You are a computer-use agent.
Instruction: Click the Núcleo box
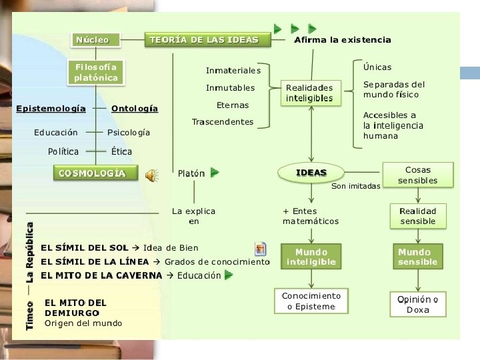[93, 40]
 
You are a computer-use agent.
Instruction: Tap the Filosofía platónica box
[97, 73]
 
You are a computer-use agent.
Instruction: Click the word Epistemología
[51, 108]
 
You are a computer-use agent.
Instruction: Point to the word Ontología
[135, 108]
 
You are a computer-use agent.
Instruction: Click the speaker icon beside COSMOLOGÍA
[152, 175]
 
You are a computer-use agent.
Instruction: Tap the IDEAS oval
[311, 173]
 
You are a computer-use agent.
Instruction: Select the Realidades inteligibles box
[309, 93]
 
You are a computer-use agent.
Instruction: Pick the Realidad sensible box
[418, 216]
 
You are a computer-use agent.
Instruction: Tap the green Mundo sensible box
[418, 257]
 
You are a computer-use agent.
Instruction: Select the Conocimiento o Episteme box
[311, 301]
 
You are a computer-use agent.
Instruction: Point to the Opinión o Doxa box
[418, 304]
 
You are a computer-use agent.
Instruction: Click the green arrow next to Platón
[215, 173]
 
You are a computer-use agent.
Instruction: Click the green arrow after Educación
[229, 275]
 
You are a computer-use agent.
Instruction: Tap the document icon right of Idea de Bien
[261, 248]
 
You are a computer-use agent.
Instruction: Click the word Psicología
[129, 133]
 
